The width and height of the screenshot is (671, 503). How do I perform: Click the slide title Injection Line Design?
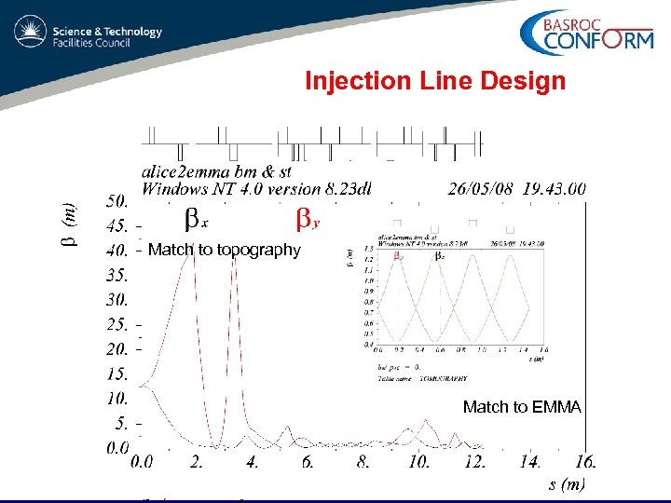(x=435, y=81)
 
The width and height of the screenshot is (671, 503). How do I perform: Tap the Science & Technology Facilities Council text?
(x=107, y=36)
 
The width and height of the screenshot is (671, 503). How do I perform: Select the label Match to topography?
(x=225, y=250)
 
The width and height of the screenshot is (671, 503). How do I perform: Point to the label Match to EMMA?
(x=522, y=407)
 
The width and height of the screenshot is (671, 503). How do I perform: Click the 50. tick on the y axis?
(x=117, y=200)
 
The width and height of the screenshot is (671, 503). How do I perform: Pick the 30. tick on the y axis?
(x=117, y=300)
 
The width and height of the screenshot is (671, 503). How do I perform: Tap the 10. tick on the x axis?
(x=419, y=461)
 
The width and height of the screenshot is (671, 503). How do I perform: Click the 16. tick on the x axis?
(x=586, y=461)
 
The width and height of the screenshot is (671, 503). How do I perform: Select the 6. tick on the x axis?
(x=308, y=461)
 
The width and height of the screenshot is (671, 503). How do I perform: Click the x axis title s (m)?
(x=567, y=484)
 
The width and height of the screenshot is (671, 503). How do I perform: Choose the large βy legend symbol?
(x=308, y=219)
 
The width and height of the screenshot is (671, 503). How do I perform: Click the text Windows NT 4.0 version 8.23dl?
(x=256, y=189)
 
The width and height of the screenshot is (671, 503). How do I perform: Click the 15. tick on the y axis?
(x=117, y=374)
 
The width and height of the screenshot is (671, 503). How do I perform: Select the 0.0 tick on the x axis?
(x=143, y=461)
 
